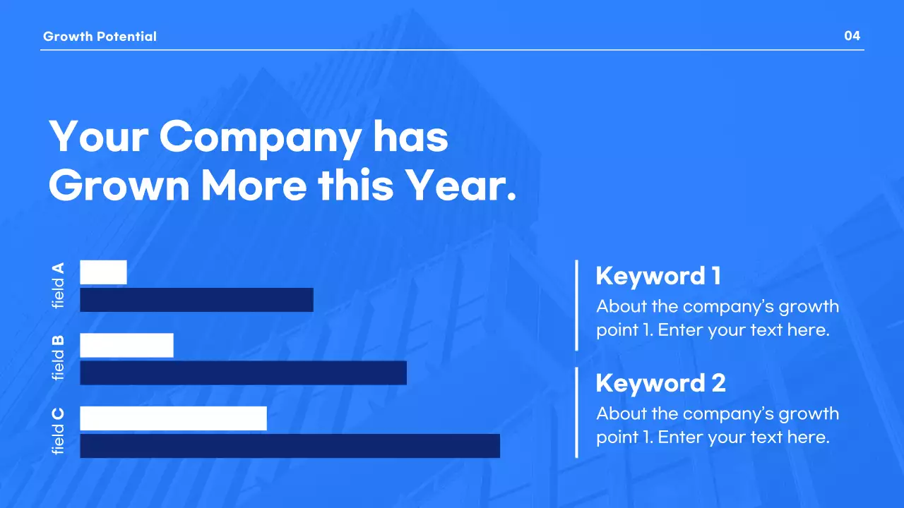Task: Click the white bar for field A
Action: point(103,272)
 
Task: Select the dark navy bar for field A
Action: point(196,300)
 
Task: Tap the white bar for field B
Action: point(126,345)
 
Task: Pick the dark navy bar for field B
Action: point(243,373)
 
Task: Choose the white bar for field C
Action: point(173,418)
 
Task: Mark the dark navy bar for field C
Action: point(290,446)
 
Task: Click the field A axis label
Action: point(58,285)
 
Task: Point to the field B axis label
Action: point(58,358)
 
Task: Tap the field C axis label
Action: point(58,431)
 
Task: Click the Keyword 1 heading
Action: point(658,276)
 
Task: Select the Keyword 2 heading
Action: point(660,383)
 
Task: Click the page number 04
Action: point(852,36)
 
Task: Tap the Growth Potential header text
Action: point(100,37)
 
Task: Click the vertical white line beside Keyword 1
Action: point(576,305)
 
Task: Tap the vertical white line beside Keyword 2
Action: point(576,412)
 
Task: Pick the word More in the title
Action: point(254,186)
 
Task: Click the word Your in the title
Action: point(97,136)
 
